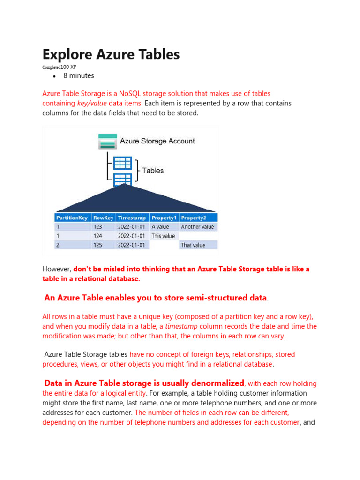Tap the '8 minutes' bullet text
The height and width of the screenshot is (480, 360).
click(79, 75)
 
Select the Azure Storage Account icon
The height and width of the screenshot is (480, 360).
click(107, 141)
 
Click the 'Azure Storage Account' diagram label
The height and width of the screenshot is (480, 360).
click(157, 141)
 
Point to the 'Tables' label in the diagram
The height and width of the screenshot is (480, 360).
click(153, 171)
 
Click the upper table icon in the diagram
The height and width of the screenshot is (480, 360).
click(122, 163)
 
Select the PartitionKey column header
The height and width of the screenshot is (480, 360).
click(72, 217)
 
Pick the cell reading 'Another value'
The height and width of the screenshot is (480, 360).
click(197, 227)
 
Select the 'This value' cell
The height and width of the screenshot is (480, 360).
click(163, 236)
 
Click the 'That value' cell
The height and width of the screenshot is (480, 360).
click(193, 245)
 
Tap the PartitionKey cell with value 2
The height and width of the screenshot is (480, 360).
click(58, 245)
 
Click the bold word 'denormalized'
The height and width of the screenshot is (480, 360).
click(216, 383)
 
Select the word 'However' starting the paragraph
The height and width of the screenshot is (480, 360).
click(56, 269)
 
